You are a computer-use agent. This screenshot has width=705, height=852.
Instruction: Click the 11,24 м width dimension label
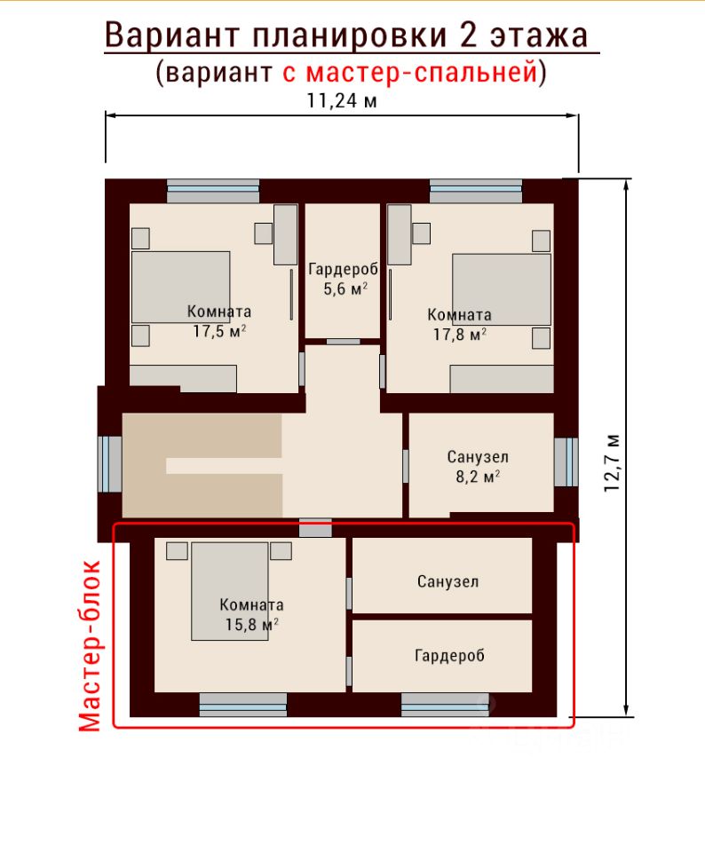coord(342,100)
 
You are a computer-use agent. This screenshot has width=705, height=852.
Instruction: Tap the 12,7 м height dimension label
coord(612,463)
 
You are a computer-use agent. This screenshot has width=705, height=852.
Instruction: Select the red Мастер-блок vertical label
coord(90,645)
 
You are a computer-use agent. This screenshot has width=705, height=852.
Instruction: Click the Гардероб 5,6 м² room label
coord(343,279)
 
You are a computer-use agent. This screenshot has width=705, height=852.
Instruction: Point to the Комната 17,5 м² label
coord(219,321)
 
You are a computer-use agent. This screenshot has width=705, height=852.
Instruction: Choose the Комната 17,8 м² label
coord(459,325)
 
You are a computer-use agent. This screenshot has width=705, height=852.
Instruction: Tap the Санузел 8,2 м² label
coord(478,466)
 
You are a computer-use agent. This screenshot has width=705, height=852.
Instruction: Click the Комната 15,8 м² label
coord(251,614)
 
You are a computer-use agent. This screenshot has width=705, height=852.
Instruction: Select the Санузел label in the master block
coord(448,581)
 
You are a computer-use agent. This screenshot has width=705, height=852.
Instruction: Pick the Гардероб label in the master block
coord(449,655)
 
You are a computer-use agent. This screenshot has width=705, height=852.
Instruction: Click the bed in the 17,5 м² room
coord(180,288)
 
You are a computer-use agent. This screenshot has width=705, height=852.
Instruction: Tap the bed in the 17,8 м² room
coord(502,289)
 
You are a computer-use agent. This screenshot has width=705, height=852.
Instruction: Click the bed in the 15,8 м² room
coord(229,591)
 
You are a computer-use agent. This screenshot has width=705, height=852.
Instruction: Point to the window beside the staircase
coord(110,463)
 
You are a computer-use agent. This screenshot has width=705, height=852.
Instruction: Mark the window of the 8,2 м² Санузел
coord(566,461)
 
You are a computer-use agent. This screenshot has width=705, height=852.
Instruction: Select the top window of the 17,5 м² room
coord(213,192)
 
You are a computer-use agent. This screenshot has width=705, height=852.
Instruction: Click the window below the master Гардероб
coord(445,705)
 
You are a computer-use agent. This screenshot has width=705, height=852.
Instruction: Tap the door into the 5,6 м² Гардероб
coord(343,342)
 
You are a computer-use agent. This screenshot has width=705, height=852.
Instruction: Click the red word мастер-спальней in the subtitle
coord(410,72)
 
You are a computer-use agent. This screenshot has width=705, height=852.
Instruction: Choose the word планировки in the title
coord(349,35)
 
